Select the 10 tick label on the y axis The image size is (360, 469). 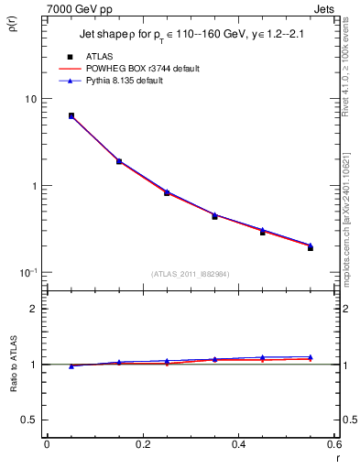click(29, 99)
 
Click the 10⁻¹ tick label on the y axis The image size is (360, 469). click(27, 272)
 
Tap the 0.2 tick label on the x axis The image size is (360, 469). click(143, 444)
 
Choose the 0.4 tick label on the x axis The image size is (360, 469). click(239, 444)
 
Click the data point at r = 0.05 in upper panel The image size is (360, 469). click(71, 116)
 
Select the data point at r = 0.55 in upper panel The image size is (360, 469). click(311, 247)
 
